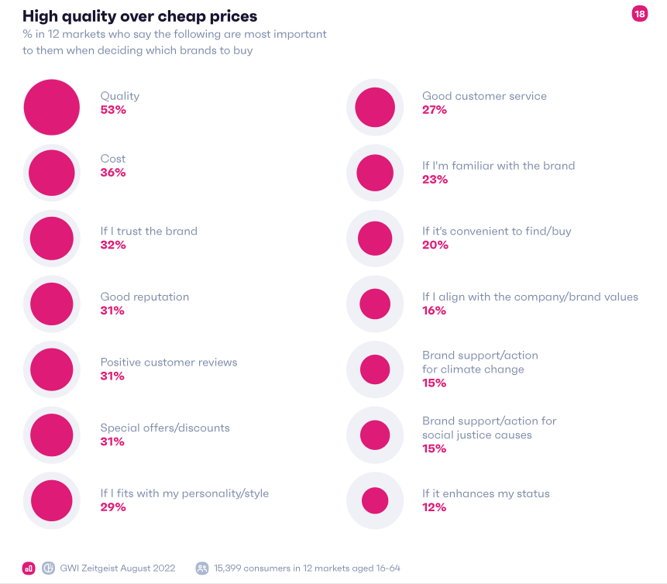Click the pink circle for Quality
(x=52, y=107)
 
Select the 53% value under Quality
(x=113, y=110)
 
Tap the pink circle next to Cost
(x=52, y=173)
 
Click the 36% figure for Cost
(x=113, y=173)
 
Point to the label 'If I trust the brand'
(x=149, y=231)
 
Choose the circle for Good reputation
(x=52, y=304)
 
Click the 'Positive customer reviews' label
(x=169, y=362)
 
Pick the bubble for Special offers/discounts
(x=52, y=435)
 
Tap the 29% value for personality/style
(x=113, y=507)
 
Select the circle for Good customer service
(x=375, y=107)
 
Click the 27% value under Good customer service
(x=435, y=110)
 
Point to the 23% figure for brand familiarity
(x=435, y=180)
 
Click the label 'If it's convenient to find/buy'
(x=497, y=231)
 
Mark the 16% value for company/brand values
(x=434, y=311)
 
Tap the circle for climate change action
(x=375, y=369)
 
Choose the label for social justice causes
(x=489, y=428)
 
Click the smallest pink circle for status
(x=375, y=500)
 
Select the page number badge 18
(x=639, y=14)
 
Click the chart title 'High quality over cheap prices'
(x=140, y=15)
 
